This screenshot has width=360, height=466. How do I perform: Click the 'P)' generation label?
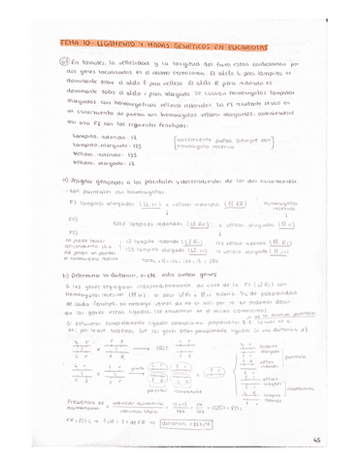tap(73, 204)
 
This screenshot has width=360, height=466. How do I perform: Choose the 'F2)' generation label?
tap(73, 240)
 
